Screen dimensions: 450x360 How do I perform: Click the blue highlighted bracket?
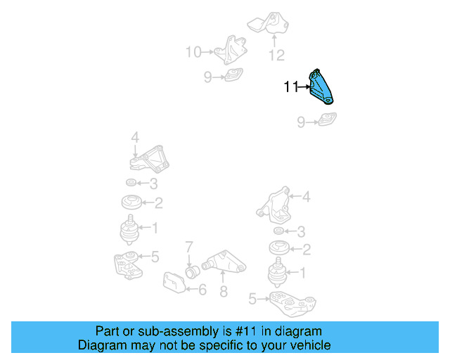point(320,87)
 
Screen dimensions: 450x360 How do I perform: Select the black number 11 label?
point(291,86)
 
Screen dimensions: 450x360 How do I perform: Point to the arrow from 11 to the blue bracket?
point(304,86)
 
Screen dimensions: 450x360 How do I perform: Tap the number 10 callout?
point(193,52)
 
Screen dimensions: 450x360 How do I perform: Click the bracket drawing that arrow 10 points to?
point(231,50)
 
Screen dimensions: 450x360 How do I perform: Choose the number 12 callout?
point(276,56)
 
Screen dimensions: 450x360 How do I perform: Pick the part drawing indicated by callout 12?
point(268,23)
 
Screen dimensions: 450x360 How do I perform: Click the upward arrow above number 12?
point(274,41)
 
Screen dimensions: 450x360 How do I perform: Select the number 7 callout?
point(189,247)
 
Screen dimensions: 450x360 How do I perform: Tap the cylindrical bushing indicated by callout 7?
point(192,271)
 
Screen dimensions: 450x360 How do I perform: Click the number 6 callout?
point(202,290)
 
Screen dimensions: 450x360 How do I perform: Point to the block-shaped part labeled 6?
point(174,283)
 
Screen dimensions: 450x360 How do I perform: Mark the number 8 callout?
point(224,291)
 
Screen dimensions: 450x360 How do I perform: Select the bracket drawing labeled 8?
point(224,262)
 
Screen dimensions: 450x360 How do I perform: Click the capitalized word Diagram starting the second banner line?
point(98,345)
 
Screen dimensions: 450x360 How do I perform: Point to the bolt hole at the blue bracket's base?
point(328,100)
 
